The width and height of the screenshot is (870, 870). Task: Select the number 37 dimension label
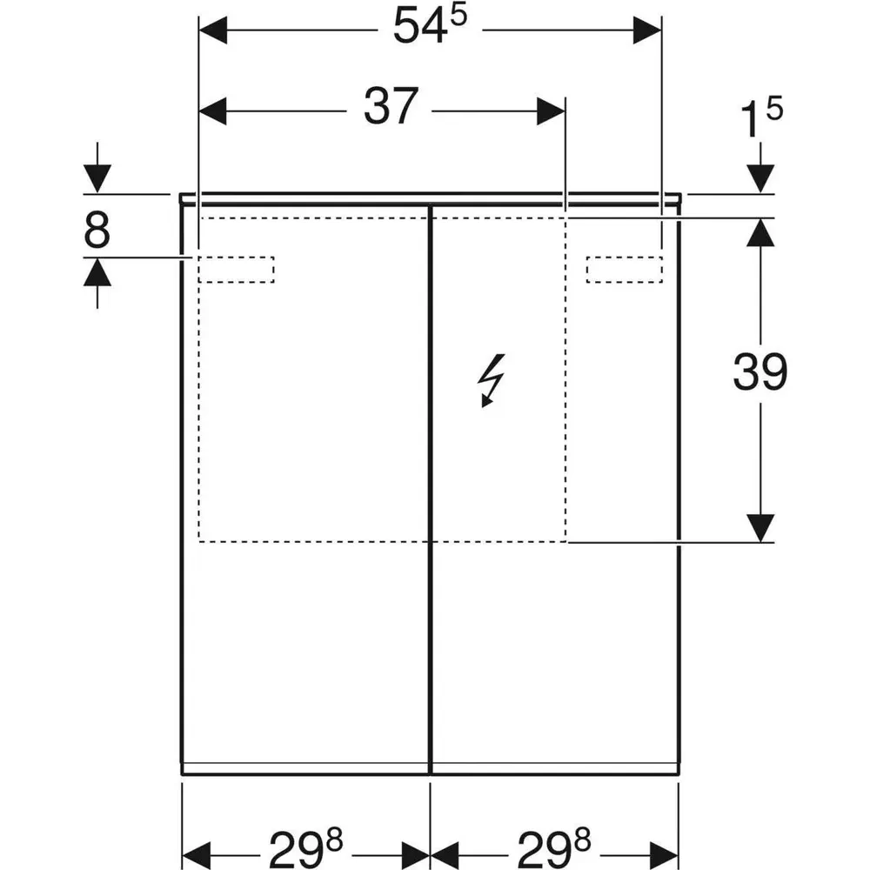tap(391, 108)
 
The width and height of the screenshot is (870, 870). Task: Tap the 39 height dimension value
tap(760, 372)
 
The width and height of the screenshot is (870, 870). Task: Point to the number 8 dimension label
tap(97, 232)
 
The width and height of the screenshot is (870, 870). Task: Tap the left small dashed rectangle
tap(237, 270)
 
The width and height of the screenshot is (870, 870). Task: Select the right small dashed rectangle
tap(624, 270)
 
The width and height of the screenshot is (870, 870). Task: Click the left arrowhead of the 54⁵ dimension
tap(214, 31)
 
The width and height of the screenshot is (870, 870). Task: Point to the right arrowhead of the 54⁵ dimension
tap(646, 31)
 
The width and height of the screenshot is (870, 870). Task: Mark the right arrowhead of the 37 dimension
tap(551, 110)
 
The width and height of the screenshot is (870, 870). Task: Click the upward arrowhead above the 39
tap(761, 231)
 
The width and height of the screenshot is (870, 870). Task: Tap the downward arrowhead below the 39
tap(761, 527)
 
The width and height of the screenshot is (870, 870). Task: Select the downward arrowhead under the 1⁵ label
tap(761, 178)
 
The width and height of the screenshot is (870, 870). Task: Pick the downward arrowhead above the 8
tap(97, 178)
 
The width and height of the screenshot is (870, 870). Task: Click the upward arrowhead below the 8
tap(97, 273)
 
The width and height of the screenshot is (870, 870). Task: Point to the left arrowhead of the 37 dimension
tap(214, 110)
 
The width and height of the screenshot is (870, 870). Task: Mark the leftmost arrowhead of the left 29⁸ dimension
tap(195, 848)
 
